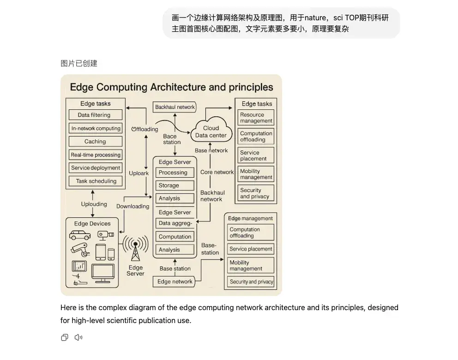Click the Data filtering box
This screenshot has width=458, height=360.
tap(96, 115)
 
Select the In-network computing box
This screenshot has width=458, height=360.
tap(96, 128)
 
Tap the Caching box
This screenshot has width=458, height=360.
tap(96, 141)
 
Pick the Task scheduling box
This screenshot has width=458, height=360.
tap(96, 181)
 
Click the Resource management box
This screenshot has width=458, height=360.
tap(256, 118)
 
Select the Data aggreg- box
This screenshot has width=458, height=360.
tap(175, 223)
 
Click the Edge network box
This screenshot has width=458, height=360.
tap(175, 282)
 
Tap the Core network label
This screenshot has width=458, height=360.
tap(217, 172)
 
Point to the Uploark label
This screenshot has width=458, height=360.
tap(139, 174)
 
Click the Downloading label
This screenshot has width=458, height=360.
tap(133, 206)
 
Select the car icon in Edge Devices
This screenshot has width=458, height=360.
tap(80, 235)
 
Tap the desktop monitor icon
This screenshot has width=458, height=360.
tap(102, 272)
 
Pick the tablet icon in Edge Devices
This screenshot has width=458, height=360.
tap(101, 252)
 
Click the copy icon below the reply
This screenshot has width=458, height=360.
tap(65, 337)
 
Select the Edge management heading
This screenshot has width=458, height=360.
tap(250, 218)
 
